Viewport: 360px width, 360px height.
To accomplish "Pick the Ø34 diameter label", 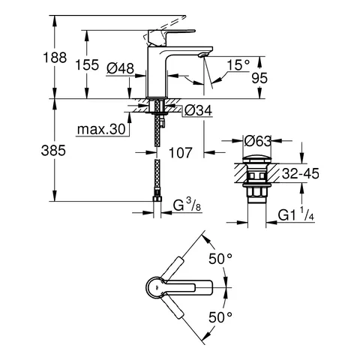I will click(196, 112).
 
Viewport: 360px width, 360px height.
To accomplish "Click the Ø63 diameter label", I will click(256, 140).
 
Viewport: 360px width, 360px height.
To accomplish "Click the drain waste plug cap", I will click(257, 160).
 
